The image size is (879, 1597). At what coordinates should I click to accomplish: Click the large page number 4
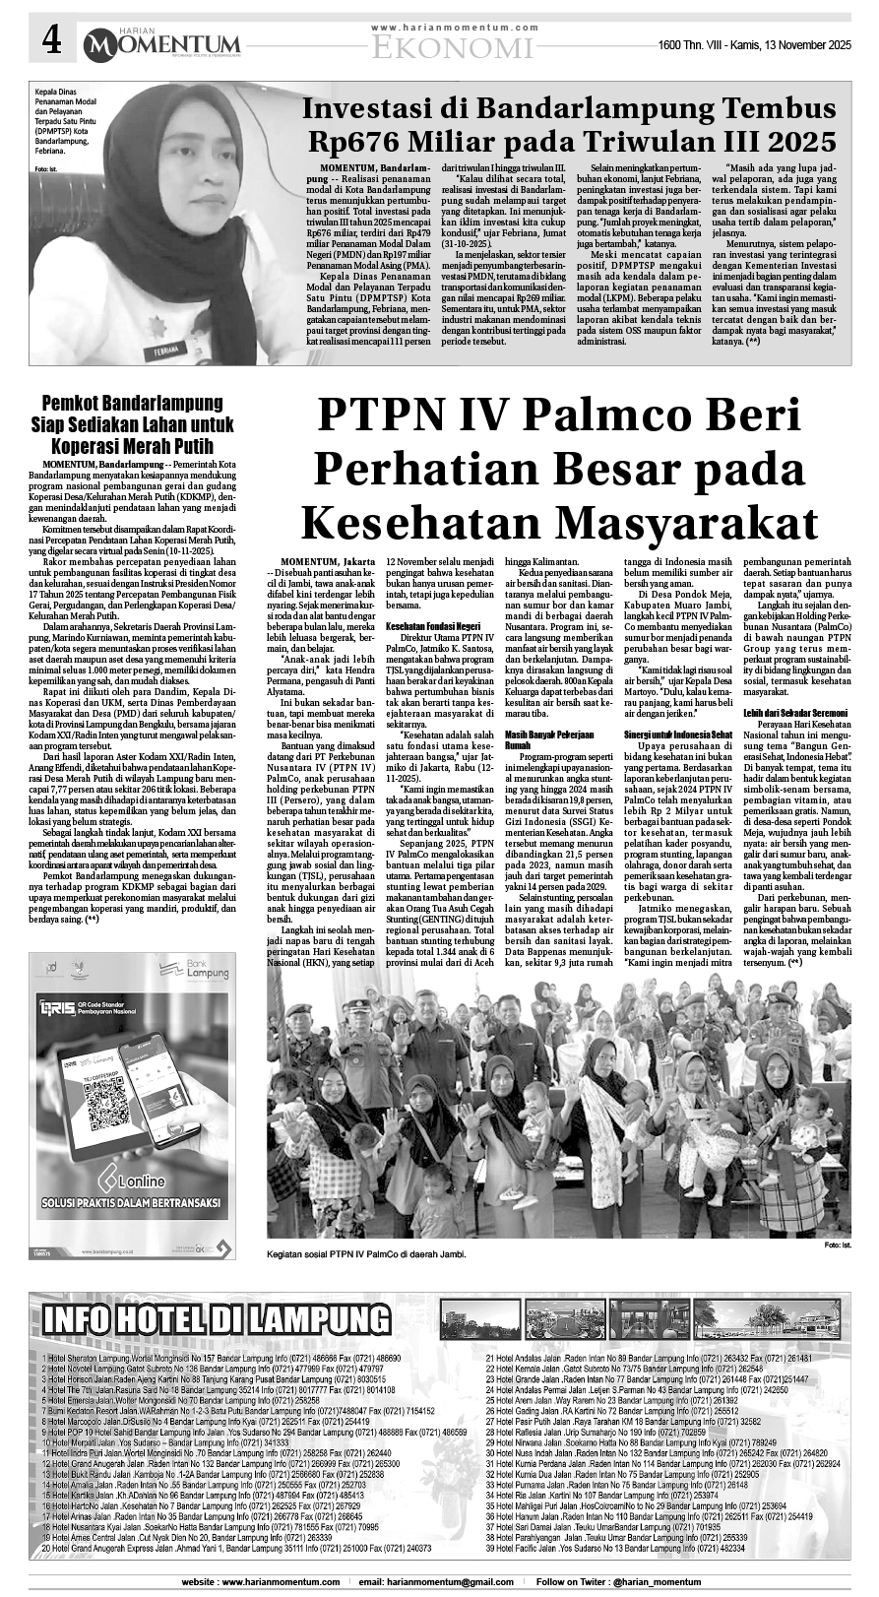pos(51,42)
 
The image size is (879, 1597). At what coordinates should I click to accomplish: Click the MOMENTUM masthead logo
pos(161,43)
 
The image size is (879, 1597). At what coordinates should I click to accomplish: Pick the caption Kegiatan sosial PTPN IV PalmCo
pos(365,1254)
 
